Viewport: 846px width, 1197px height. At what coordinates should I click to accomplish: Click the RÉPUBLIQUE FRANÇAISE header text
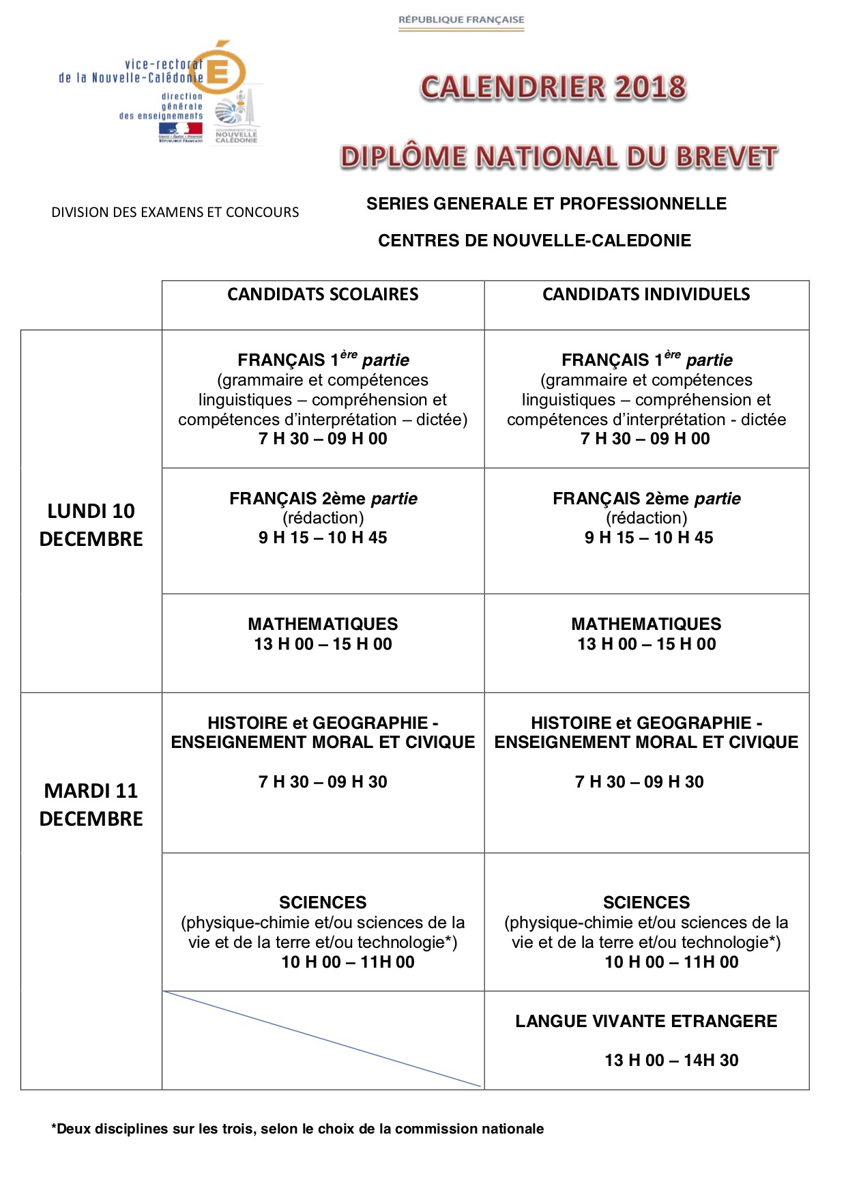461,20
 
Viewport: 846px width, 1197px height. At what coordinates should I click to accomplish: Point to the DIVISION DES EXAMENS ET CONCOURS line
175,212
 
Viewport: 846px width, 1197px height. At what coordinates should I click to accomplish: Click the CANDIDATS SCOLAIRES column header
323,294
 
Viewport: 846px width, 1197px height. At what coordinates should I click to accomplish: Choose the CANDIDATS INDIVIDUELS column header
646,294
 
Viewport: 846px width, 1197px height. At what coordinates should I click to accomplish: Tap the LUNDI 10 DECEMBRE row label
91,525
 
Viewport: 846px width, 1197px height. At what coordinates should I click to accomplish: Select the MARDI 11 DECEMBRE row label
91,805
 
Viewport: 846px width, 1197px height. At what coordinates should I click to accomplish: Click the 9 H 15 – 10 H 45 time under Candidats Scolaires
323,538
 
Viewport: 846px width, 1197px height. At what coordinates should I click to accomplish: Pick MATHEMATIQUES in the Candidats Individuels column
646,624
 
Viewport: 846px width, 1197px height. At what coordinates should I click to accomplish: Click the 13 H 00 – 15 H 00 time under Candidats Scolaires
323,644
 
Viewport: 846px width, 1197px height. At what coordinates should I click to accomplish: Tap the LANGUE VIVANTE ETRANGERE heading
646,1021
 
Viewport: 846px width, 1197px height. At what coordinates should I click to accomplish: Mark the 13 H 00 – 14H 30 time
671,1061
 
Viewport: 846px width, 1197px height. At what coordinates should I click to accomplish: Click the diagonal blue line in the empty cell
323,1039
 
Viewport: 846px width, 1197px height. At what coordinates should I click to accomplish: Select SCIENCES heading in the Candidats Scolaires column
323,902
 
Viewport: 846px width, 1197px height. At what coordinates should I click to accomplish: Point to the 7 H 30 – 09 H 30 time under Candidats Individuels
639,782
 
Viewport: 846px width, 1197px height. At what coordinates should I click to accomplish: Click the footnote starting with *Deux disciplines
297,1129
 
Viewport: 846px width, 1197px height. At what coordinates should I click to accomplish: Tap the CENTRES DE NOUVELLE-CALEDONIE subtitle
534,240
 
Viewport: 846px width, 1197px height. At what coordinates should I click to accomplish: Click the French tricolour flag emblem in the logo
180,130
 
